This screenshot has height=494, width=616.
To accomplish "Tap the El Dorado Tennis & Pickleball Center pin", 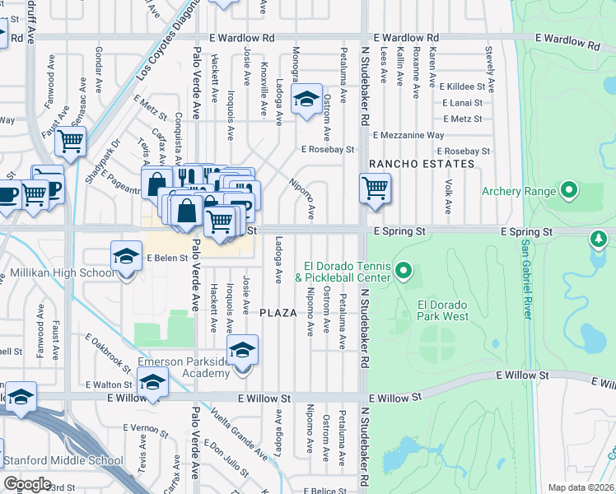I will click(x=403, y=270).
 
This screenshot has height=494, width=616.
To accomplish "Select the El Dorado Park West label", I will click(x=443, y=310).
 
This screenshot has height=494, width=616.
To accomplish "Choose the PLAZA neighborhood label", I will click(x=278, y=313).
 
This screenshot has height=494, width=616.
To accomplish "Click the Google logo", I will click(x=27, y=483).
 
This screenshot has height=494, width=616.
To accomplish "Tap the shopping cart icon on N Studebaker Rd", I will click(x=375, y=189).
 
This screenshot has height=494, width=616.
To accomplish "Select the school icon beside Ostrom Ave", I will click(x=306, y=102).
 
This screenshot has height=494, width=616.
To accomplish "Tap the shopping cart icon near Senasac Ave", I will click(x=71, y=142).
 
